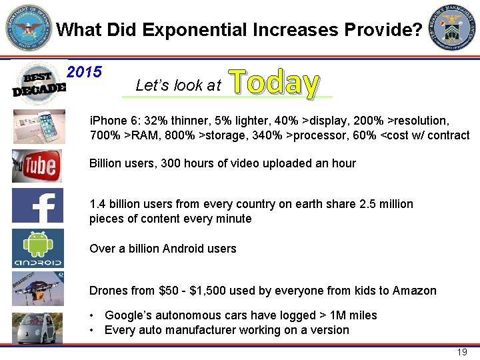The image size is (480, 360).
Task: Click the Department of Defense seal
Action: (28, 28)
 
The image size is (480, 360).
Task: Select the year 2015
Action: (85, 71)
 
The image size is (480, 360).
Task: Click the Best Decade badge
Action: (39, 82)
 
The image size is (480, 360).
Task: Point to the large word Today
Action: (274, 83)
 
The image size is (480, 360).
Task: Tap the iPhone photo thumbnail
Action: (39, 127)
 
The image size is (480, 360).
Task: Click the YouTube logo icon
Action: (37, 165)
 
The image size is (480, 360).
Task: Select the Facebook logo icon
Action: (37, 205)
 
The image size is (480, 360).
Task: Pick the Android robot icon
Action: (37, 248)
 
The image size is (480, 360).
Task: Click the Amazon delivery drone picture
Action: (37, 288)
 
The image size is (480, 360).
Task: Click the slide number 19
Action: (461, 352)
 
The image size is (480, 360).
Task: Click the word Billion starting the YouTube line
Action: (107, 163)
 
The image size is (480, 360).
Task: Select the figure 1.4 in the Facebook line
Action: (97, 204)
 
